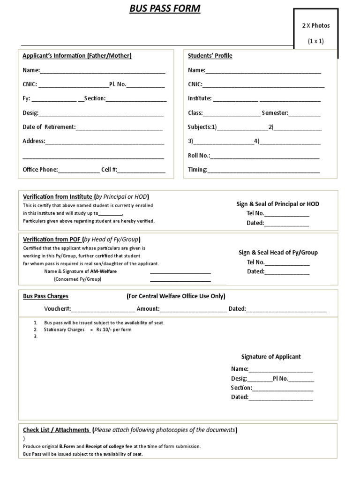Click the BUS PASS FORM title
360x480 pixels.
(x=165, y=8)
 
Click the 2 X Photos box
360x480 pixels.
(x=315, y=33)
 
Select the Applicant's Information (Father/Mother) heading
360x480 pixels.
(x=77, y=56)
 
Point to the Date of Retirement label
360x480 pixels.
(x=49, y=127)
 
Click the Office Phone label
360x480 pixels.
(x=40, y=170)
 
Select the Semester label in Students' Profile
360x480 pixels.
(x=275, y=113)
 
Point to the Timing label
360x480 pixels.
(x=197, y=170)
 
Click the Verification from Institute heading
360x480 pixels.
(x=58, y=197)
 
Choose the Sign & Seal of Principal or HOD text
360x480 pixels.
(x=277, y=204)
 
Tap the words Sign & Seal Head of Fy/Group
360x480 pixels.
(x=278, y=252)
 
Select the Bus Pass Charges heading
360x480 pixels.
(x=45, y=296)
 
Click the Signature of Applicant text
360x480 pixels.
(x=271, y=357)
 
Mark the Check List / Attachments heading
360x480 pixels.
(x=56, y=430)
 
